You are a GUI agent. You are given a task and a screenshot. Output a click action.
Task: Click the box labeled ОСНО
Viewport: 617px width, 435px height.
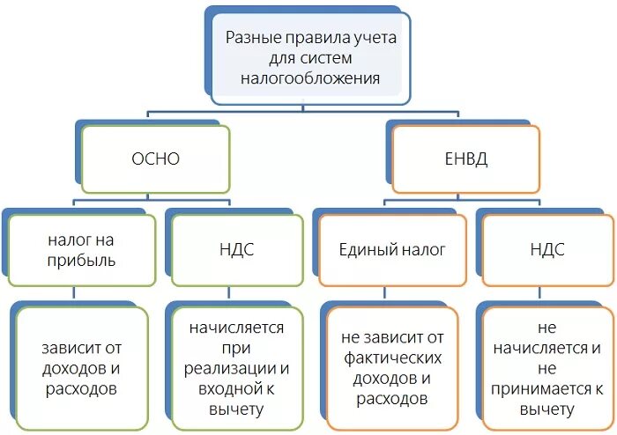click(155, 159)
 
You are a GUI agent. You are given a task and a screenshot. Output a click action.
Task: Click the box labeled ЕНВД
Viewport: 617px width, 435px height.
click(465, 159)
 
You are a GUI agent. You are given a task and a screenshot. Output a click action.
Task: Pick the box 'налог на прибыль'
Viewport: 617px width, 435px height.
click(82, 250)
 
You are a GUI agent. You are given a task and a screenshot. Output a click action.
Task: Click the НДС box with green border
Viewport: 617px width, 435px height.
click(235, 250)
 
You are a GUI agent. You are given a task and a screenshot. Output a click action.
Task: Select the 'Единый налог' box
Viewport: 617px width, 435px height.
click(392, 250)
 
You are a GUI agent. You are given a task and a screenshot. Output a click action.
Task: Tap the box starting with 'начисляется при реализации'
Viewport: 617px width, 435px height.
click(235, 368)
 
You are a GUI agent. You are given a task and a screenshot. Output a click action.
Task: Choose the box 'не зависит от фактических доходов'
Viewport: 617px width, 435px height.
click(392, 368)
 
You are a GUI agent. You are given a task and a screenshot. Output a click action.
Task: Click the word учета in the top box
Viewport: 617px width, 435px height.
click(377, 39)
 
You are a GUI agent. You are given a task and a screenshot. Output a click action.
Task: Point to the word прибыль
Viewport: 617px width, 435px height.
click(82, 261)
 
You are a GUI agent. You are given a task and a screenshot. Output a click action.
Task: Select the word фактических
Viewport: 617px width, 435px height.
click(392, 358)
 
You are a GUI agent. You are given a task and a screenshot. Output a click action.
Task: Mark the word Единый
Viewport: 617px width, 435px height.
click(363, 250)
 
